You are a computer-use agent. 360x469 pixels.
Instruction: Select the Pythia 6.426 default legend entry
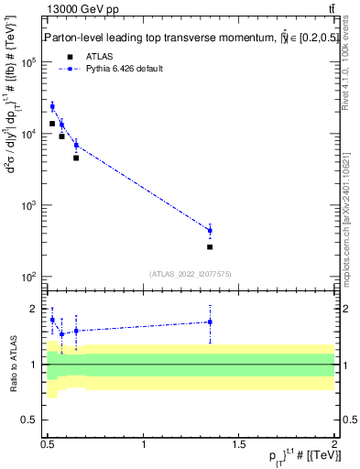point(129,69)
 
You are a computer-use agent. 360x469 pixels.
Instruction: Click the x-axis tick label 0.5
point(48,443)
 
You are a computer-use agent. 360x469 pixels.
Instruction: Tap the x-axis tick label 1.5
point(239,443)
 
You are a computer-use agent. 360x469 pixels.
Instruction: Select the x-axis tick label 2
point(334,443)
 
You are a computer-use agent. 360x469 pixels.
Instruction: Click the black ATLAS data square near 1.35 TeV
point(210,246)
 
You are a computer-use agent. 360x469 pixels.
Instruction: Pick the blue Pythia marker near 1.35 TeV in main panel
point(210,231)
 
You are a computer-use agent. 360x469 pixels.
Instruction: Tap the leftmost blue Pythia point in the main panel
point(52,106)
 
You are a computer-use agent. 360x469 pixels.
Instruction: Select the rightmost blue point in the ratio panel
point(210,322)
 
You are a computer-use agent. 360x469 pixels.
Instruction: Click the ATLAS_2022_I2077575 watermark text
point(191,273)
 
